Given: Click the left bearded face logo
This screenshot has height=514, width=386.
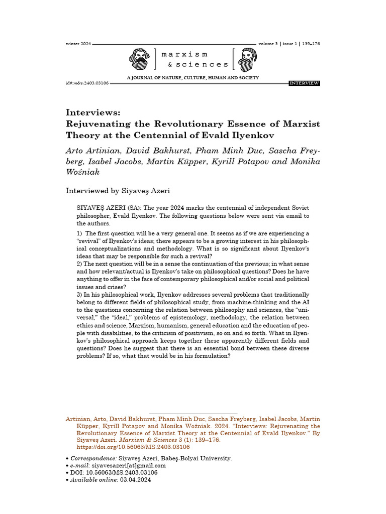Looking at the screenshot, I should [139, 59].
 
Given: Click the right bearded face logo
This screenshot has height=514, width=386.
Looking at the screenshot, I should [246, 59].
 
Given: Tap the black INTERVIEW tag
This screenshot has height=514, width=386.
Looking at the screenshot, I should [304, 83].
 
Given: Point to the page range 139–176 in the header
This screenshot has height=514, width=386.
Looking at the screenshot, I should [311, 44].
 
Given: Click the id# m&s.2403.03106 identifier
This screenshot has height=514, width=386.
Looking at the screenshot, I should [87, 83].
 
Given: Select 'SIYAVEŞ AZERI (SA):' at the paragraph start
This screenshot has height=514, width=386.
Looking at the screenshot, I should [109, 208].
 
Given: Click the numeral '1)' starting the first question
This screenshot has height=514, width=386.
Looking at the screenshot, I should [79, 233].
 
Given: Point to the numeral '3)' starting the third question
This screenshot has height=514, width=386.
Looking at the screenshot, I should [79, 295].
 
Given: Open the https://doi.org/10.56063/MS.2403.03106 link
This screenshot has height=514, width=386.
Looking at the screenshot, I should [133, 447].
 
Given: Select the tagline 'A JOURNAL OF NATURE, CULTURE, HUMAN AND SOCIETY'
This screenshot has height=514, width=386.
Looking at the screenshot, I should [193, 78].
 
